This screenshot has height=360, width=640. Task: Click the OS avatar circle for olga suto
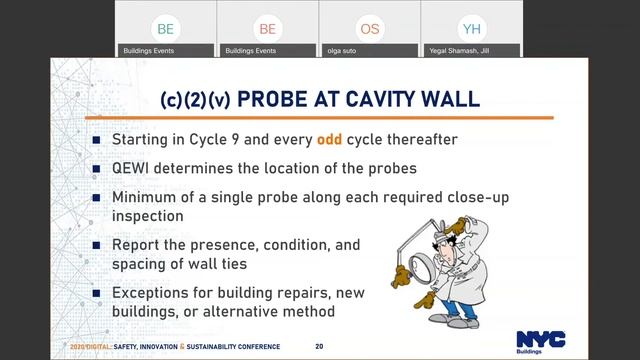[x=370, y=29]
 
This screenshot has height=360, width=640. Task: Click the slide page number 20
[x=319, y=346]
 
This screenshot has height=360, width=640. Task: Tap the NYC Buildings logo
[x=540, y=342]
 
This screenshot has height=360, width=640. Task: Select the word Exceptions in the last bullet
[x=153, y=293]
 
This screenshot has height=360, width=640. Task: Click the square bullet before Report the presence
[x=97, y=244]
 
